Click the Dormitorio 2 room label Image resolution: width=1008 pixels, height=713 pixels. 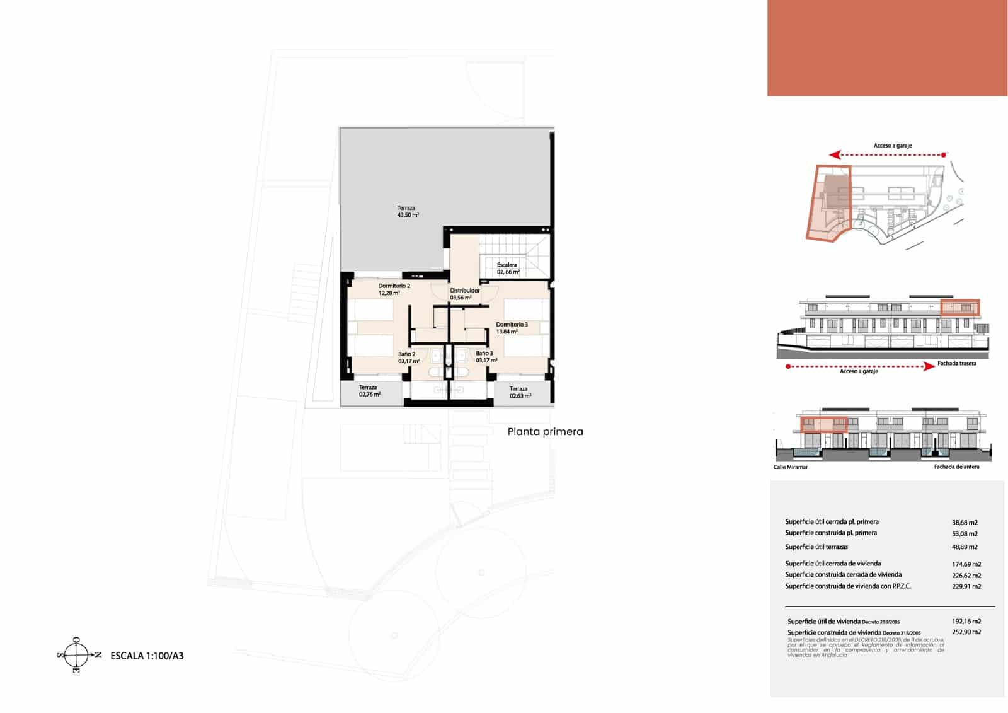pyautogui.click(x=394, y=289)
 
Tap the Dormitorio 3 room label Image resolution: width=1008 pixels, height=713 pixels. pyautogui.click(x=511, y=328)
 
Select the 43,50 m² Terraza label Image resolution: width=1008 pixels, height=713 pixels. pyautogui.click(x=407, y=211)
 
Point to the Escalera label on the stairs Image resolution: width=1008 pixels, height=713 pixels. pyautogui.click(x=507, y=269)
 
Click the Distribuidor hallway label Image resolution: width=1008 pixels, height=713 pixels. pyautogui.click(x=464, y=294)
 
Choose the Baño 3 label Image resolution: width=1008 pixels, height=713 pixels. pyautogui.click(x=485, y=357)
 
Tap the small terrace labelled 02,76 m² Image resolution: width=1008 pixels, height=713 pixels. pyautogui.click(x=369, y=391)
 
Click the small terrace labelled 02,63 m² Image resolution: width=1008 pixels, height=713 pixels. pyautogui.click(x=520, y=392)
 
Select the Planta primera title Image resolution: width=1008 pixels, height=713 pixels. pyautogui.click(x=545, y=432)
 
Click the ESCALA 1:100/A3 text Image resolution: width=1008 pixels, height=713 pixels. pyautogui.click(x=147, y=656)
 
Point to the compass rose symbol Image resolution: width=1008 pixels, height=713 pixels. pyautogui.click(x=77, y=655)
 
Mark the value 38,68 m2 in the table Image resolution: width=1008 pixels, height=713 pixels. pyautogui.click(x=965, y=523)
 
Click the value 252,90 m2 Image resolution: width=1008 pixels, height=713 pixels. pyautogui.click(x=966, y=632)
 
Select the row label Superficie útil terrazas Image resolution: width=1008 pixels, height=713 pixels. pyautogui.click(x=816, y=547)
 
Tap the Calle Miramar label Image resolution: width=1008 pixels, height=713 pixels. pyautogui.click(x=790, y=467)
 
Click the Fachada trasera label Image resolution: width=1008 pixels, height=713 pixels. pyautogui.click(x=956, y=364)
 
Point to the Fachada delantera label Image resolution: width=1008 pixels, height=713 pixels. pyautogui.click(x=956, y=467)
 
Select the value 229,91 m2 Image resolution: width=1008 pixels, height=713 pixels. pyautogui.click(x=966, y=586)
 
